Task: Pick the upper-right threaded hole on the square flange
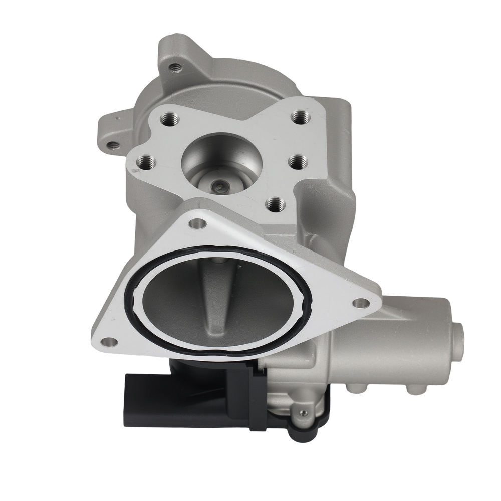[299, 119]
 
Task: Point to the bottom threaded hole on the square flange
[273, 203]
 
